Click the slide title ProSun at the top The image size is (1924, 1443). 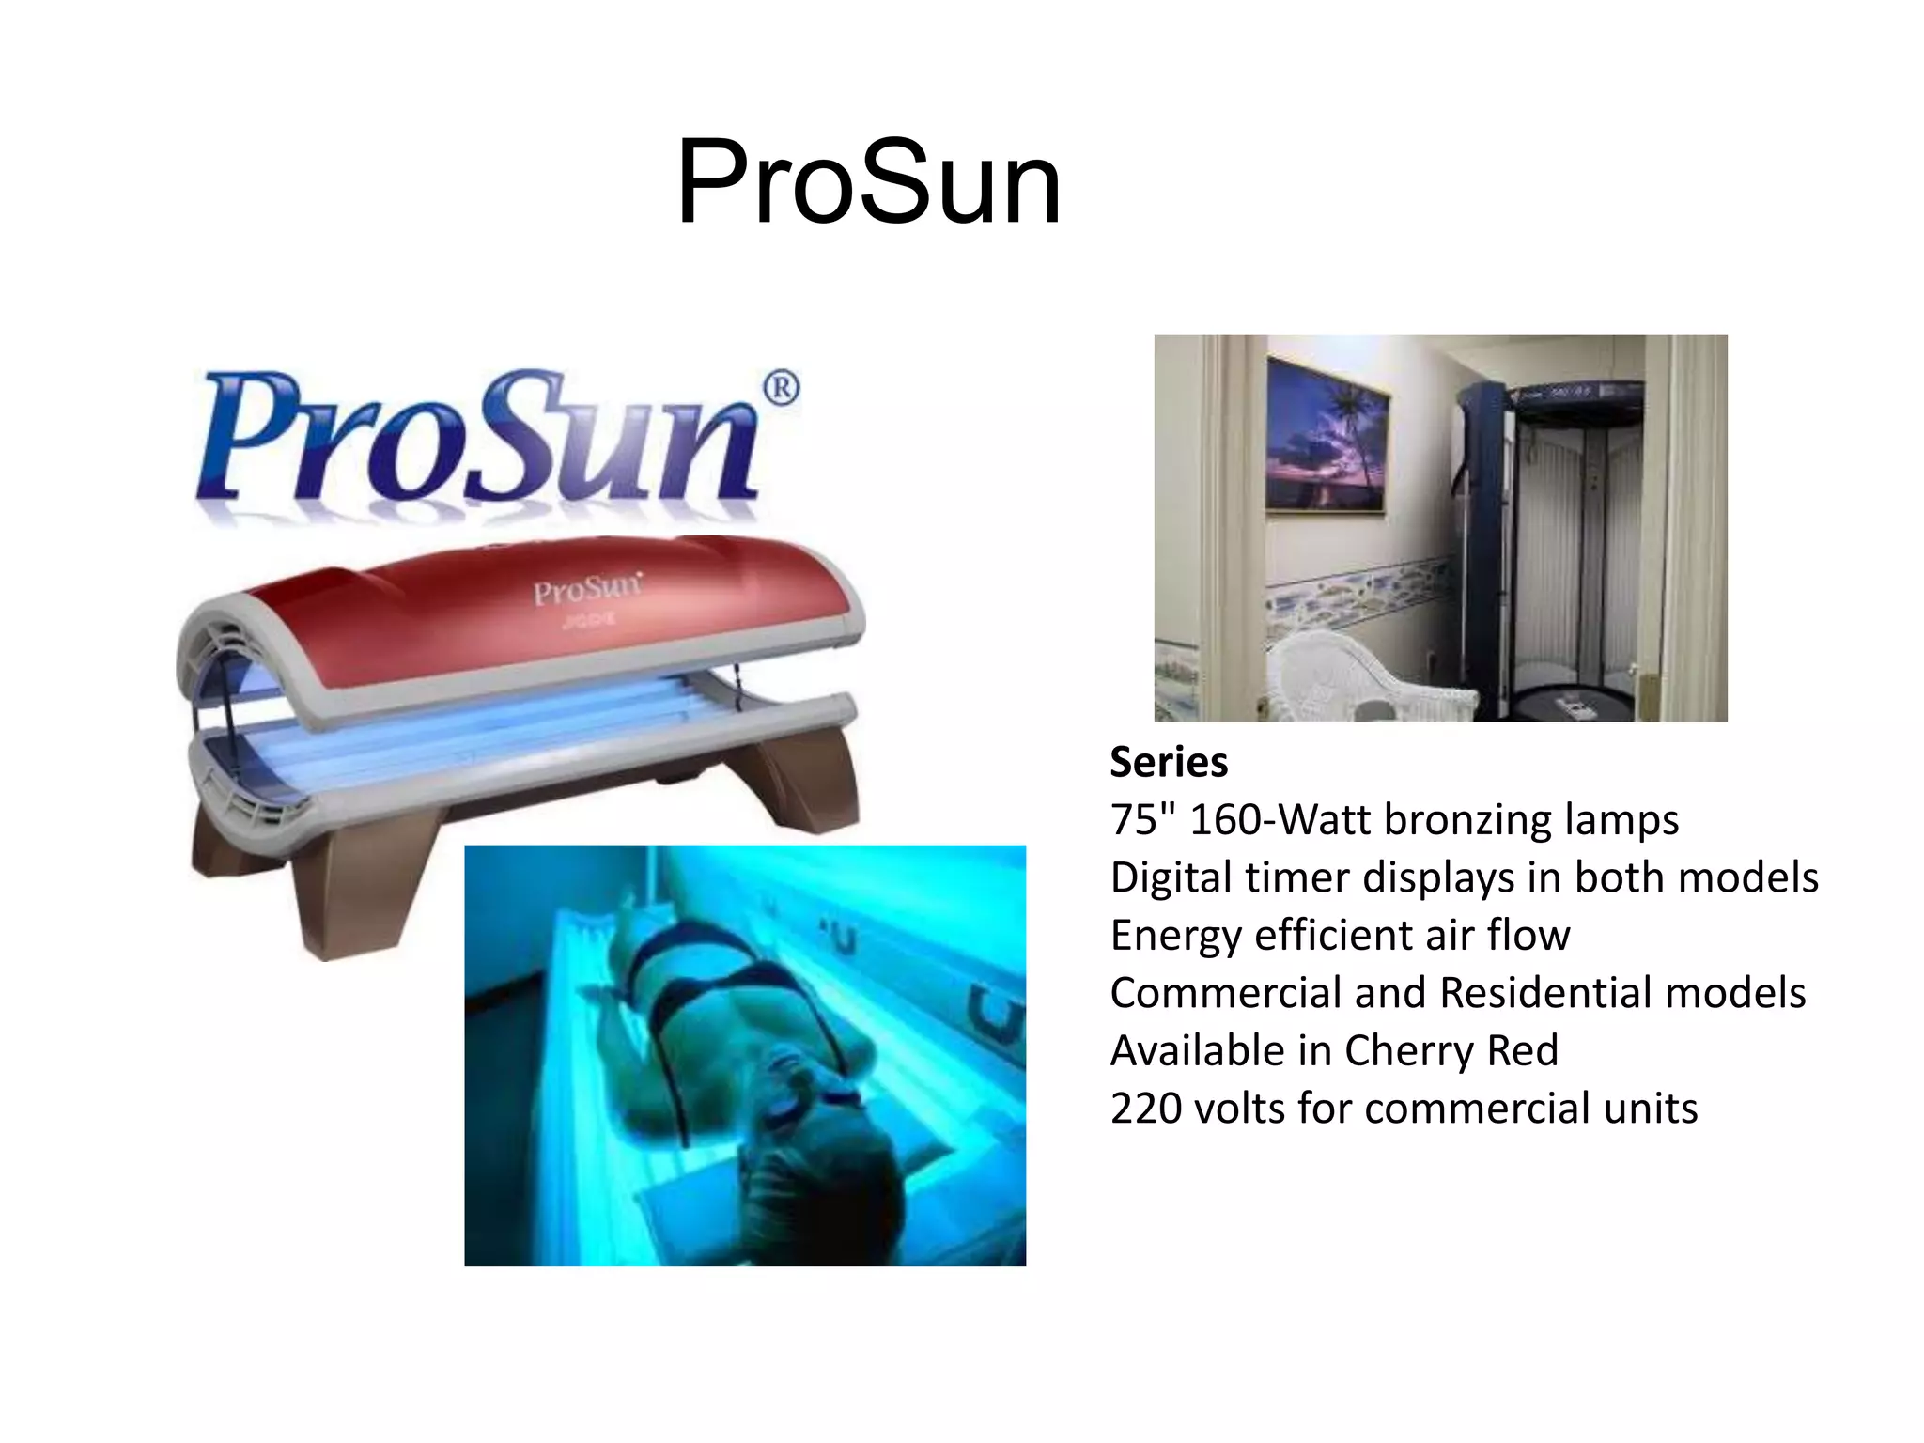(868, 182)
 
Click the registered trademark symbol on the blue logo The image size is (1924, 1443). (780, 389)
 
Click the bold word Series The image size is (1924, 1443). (1169, 762)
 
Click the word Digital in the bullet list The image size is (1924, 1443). (1171, 877)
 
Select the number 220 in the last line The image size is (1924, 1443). (1144, 1109)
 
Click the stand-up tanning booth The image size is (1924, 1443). (1550, 545)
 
